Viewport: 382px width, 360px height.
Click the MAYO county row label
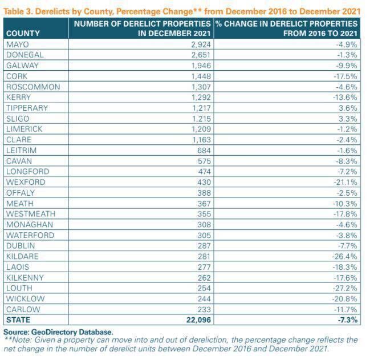pos(18,44)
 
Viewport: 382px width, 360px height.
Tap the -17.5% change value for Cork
pos(347,76)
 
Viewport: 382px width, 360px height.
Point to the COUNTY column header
pos(23,34)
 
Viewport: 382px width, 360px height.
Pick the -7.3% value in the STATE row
pos(348,320)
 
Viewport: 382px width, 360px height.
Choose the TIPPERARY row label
pos(27,108)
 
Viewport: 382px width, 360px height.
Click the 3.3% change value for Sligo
pos(350,119)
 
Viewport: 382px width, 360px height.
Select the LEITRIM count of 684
pos(204,150)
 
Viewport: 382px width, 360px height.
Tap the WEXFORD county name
pos(26,182)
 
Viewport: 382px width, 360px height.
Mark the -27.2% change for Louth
pos(347,288)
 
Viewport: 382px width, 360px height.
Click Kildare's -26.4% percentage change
pos(347,256)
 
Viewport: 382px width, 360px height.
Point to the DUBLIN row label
pos(21,245)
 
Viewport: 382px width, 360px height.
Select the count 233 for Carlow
pos(204,309)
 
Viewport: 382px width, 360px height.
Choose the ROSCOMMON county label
pos(33,87)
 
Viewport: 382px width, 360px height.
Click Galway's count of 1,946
pos(200,66)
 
